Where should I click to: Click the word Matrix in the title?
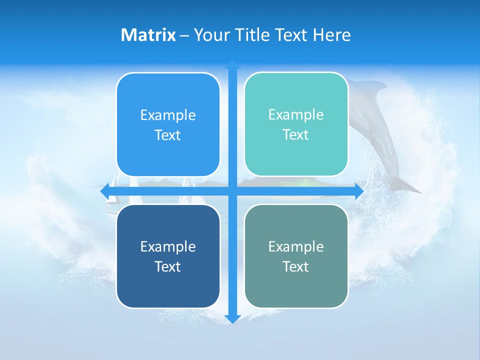[148, 35]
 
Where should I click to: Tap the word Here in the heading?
[331, 35]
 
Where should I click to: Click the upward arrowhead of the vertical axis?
[232, 64]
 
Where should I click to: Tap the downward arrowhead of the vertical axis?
[232, 319]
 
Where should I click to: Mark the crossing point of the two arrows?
[232, 191]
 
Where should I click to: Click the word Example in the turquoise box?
[296, 114]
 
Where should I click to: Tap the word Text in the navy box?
[167, 266]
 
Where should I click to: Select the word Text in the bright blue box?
[167, 135]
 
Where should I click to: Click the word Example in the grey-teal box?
[296, 246]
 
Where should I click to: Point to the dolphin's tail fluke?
[407, 187]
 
